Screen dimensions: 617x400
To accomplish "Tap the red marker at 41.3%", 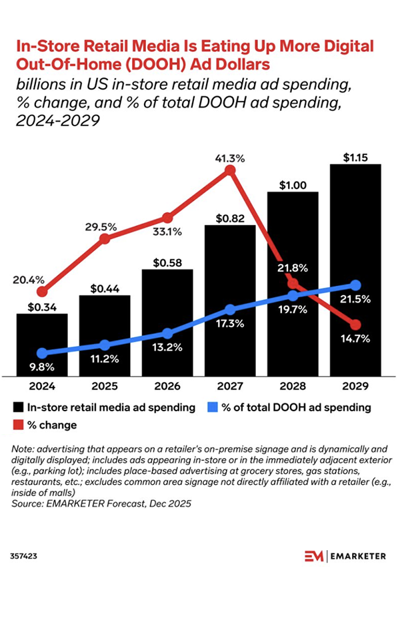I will click(x=230, y=171).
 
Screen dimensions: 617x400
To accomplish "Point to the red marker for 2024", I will click(x=42, y=291).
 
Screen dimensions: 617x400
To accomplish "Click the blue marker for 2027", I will click(x=230, y=309).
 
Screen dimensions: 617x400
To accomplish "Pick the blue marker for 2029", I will click(x=355, y=285).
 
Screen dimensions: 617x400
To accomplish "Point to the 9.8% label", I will click(x=42, y=367).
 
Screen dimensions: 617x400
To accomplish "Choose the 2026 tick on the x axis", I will click(x=167, y=386).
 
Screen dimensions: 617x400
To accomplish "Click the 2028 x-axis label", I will click(x=293, y=386).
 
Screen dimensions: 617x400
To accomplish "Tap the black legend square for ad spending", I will click(x=18, y=407).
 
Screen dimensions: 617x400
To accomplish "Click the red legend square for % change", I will click(x=18, y=425).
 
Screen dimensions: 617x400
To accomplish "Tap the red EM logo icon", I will click(x=313, y=556).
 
